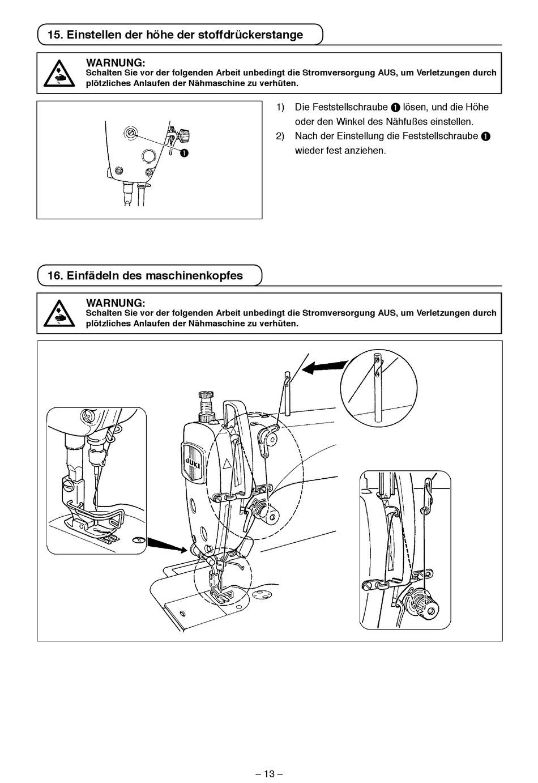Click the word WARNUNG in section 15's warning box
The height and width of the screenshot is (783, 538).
pyautogui.click(x=116, y=62)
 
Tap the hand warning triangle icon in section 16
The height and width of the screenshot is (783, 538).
pyautogui.click(x=59, y=313)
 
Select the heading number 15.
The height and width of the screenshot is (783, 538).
pyautogui.click(x=54, y=35)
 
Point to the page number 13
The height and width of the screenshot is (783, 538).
pyautogui.click(x=269, y=773)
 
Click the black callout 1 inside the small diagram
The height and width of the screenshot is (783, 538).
pyautogui.click(x=185, y=153)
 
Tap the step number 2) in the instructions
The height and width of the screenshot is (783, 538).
pyautogui.click(x=280, y=136)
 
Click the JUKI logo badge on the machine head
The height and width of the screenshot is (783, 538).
pyautogui.click(x=191, y=463)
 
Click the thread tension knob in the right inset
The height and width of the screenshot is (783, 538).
pyautogui.click(x=420, y=602)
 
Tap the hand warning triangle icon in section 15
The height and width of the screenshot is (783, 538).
pyautogui.click(x=59, y=73)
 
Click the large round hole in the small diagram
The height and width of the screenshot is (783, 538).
pyautogui.click(x=149, y=156)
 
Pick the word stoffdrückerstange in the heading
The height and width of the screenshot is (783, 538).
pyautogui.click(x=250, y=35)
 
